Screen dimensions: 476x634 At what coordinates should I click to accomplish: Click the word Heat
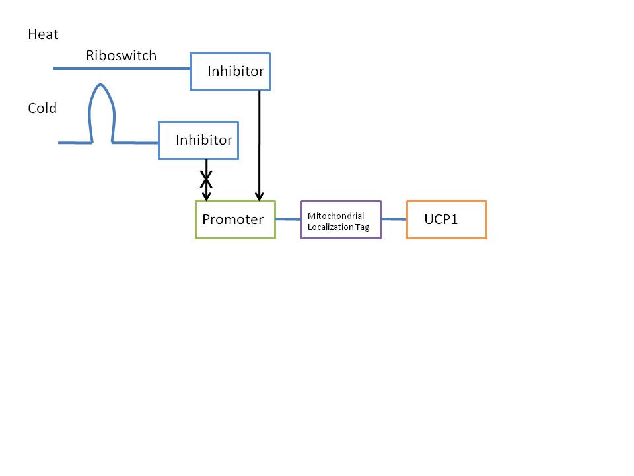point(43,35)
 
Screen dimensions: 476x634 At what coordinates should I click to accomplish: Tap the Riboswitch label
point(121,56)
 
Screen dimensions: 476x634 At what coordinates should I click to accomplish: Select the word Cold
point(42,108)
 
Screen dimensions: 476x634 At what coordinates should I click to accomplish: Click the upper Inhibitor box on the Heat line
point(230,71)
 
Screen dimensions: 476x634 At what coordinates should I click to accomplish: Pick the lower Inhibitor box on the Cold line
point(198,140)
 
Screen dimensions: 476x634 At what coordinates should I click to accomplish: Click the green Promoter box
point(235,219)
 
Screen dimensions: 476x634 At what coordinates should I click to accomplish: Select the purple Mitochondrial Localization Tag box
point(341,219)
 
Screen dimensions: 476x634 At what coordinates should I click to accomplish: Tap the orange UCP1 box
point(446,219)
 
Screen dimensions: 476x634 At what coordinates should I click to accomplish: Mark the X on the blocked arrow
point(206,178)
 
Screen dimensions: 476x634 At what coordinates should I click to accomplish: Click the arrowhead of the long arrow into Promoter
point(260,196)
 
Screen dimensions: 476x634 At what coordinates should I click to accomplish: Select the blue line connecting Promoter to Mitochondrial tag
point(288,219)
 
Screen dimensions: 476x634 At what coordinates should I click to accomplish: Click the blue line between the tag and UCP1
point(394,219)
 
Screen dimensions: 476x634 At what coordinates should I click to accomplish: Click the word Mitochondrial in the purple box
point(335,216)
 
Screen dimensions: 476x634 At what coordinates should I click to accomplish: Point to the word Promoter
point(232,219)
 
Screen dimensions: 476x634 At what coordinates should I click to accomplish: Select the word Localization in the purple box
point(329,227)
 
